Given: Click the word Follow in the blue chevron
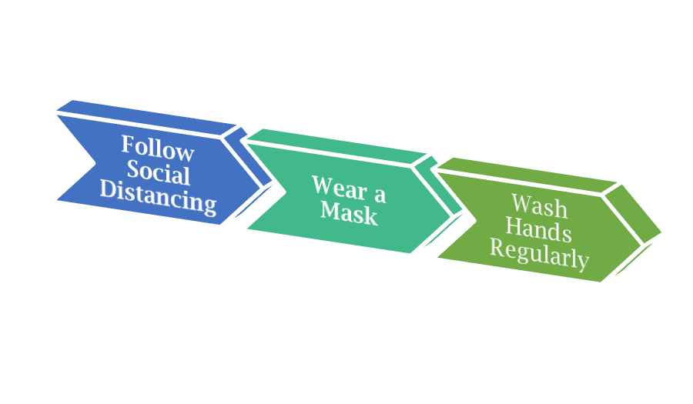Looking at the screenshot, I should pos(158,148).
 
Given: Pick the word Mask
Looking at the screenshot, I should pos(349,212).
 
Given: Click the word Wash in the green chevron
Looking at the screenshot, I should pos(539,207).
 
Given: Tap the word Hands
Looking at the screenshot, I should pos(539,230).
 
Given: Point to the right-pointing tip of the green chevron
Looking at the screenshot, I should pos(662,232).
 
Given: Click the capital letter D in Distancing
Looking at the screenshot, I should pos(109,189).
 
